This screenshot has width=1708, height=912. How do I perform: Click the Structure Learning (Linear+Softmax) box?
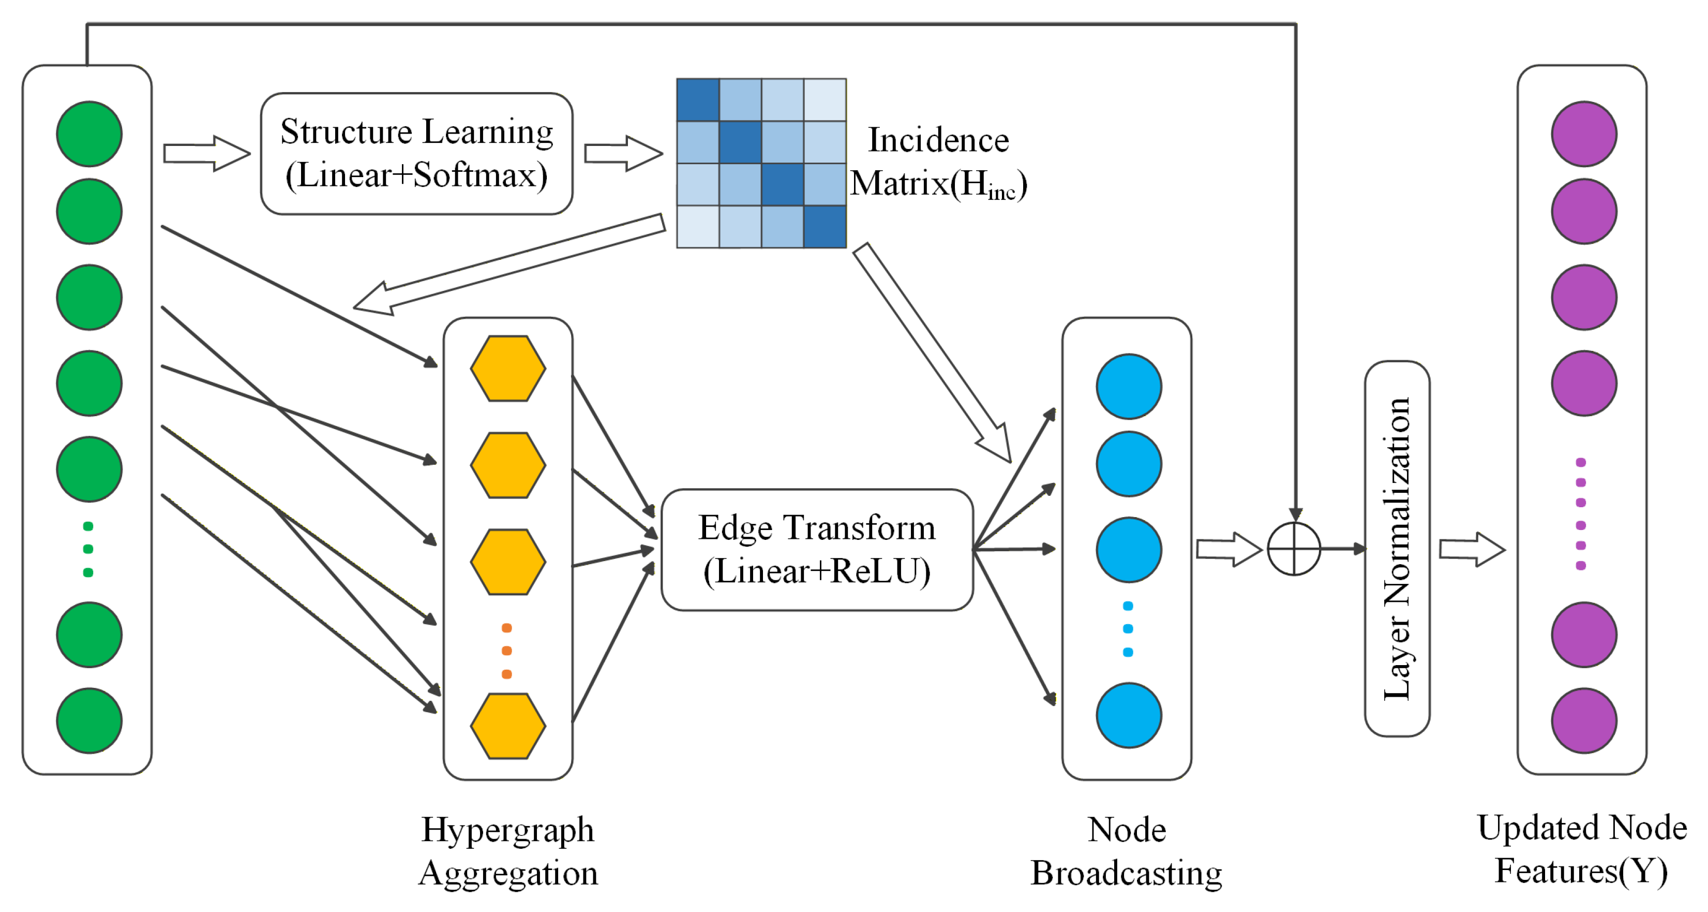[x=416, y=153]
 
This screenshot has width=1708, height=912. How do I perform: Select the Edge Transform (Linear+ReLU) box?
[x=817, y=549]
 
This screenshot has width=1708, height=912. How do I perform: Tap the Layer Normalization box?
[x=1397, y=549]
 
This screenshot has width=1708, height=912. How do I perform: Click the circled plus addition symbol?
[x=1294, y=549]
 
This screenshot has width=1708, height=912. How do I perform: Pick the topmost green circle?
[x=89, y=134]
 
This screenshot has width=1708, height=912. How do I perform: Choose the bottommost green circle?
[x=89, y=720]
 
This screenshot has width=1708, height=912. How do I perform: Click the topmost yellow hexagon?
[x=508, y=368]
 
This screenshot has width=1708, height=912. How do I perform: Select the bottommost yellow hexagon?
[x=508, y=726]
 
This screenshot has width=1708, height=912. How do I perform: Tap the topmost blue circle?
[x=1129, y=386]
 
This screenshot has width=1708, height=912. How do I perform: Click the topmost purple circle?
[x=1584, y=134]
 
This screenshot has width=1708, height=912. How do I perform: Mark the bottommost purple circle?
[x=1584, y=720]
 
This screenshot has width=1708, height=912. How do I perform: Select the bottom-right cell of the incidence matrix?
[x=825, y=227]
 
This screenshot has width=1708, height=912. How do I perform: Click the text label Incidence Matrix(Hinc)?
[x=939, y=162]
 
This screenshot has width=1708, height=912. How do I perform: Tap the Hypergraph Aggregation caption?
[x=508, y=851]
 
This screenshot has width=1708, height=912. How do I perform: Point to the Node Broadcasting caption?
[x=1127, y=851]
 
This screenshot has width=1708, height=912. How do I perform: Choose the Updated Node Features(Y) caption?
[x=1582, y=850]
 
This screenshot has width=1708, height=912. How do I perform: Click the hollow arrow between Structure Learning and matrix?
[x=623, y=153]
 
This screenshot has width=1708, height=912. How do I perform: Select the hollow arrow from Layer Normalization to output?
[x=1472, y=549]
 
